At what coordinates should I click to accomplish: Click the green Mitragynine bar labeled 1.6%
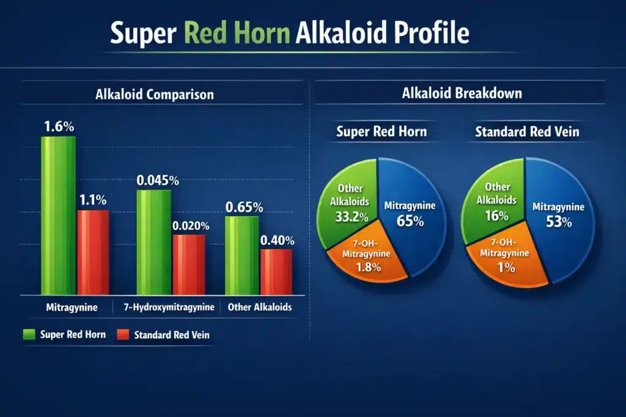pyautogui.click(x=58, y=217)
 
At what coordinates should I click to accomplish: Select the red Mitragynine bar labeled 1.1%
pyautogui.click(x=92, y=253)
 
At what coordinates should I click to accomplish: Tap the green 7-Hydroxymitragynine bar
pyautogui.click(x=153, y=242)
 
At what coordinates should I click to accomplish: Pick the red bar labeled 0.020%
pyautogui.click(x=188, y=265)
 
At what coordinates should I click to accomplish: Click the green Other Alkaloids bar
pyautogui.click(x=241, y=255)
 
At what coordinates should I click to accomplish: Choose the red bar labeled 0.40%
pyautogui.click(x=276, y=272)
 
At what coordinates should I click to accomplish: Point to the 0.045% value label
pyautogui.click(x=158, y=180)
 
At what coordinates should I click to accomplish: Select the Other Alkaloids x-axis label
pyautogui.click(x=259, y=307)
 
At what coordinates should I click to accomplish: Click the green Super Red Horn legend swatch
pyautogui.click(x=29, y=334)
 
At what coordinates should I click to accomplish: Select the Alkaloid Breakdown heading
pyautogui.click(x=462, y=94)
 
